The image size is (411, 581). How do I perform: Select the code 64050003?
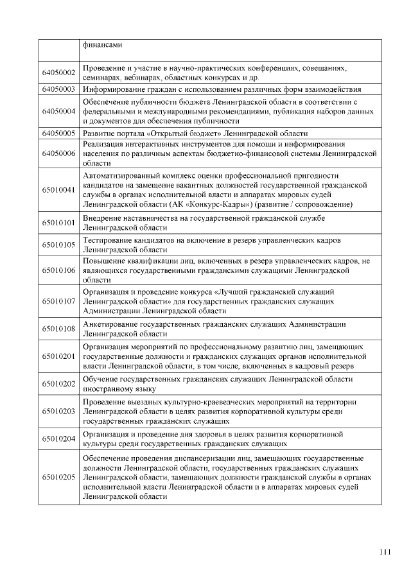coord(59,89)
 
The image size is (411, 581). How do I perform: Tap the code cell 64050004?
coord(59,111)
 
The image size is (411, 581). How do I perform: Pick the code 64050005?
coord(59,133)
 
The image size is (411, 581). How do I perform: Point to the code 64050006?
coord(59,155)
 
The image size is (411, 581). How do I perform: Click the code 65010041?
coord(59,189)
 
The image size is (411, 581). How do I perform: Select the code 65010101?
coord(59,223)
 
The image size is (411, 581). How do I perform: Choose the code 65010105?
coord(59,245)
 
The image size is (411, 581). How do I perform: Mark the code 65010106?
coord(59,270)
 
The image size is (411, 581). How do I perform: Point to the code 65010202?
coord(59,384)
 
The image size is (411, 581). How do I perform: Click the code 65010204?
coord(59,439)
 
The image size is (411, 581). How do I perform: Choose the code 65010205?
coord(59,478)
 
